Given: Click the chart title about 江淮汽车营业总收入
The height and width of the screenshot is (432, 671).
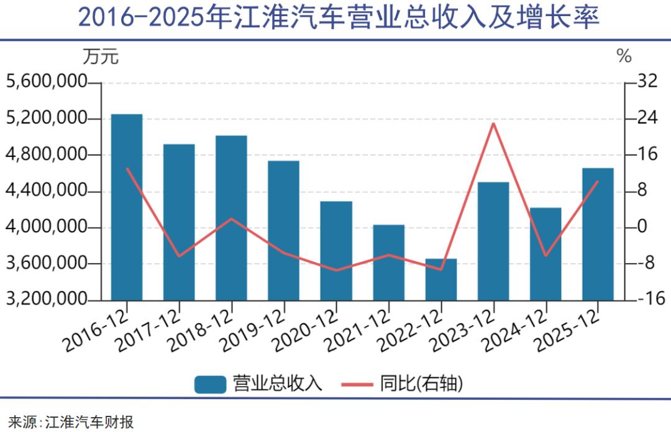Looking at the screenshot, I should pyautogui.click(x=339, y=18).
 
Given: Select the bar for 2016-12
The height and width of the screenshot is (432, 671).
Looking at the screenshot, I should pyautogui.click(x=127, y=207).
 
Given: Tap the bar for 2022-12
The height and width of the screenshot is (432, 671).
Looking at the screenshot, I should pyautogui.click(x=441, y=279).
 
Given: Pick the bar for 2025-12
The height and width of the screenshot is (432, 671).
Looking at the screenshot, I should pyautogui.click(x=598, y=234).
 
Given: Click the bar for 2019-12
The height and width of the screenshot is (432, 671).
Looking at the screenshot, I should pyautogui.click(x=283, y=230).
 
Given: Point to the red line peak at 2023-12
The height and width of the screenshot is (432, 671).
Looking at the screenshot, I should pyautogui.click(x=493, y=124).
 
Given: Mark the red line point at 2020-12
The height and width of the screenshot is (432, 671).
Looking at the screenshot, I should pyautogui.click(x=336, y=270).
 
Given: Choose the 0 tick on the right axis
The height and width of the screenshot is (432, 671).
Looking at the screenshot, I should pyautogui.click(x=640, y=227).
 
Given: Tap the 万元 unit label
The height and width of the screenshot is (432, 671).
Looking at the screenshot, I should pyautogui.click(x=100, y=56).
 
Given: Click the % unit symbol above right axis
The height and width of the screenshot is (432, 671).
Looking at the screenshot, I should pyautogui.click(x=624, y=56).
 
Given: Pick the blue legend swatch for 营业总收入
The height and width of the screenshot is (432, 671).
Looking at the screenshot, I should pyautogui.click(x=210, y=384).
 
